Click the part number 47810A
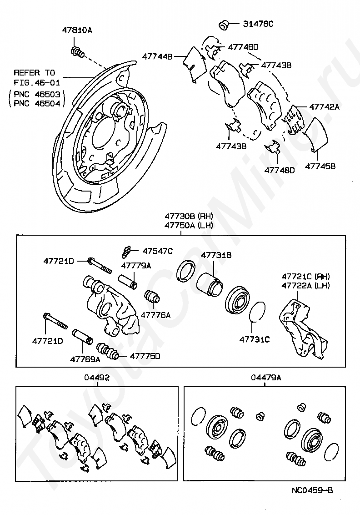pyautogui.click(x=77, y=30)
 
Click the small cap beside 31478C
pyautogui.click(x=223, y=25)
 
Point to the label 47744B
pyautogui.click(x=157, y=57)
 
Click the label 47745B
pyautogui.click(x=320, y=167)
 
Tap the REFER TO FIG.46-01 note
pyautogui.click(x=35, y=77)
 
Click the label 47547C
pyautogui.click(x=158, y=251)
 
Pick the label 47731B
pyautogui.click(x=216, y=256)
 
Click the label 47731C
pyautogui.click(x=255, y=339)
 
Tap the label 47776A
pyautogui.click(x=155, y=314)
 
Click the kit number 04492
pyautogui.click(x=96, y=377)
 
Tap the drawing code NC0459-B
pyautogui.click(x=312, y=490)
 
